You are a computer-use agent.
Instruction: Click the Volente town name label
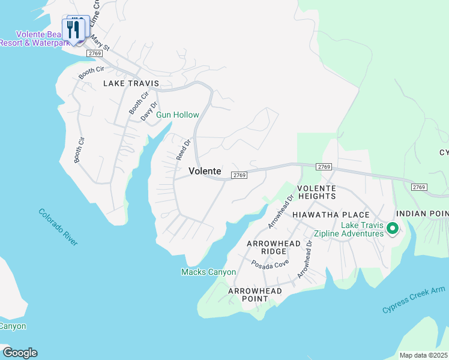[x=205, y=171]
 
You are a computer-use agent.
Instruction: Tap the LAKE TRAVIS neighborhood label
[x=131, y=83]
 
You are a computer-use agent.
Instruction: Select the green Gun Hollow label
[x=178, y=115]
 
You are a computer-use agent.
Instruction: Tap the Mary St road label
[x=101, y=43]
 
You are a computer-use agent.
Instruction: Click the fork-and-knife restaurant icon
[x=75, y=29]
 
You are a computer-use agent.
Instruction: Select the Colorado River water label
[x=58, y=227]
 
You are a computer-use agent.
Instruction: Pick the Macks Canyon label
[x=208, y=272]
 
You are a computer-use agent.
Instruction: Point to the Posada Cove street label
[x=270, y=263]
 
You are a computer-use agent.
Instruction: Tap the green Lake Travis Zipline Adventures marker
[x=393, y=229]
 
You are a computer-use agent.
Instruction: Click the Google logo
[x=19, y=353]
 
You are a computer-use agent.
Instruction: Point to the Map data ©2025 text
[x=423, y=355]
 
